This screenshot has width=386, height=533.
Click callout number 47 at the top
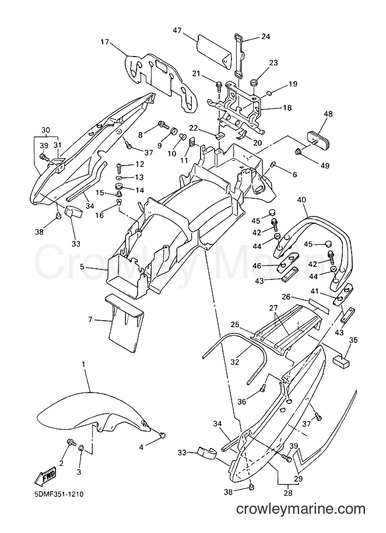(177, 31)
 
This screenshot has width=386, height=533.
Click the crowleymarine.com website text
(301, 509)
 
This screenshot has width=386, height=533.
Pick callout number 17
(104, 42)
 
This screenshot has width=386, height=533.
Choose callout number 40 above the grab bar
(301, 200)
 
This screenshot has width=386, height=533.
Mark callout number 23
(273, 62)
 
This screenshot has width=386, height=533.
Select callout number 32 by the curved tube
(234, 362)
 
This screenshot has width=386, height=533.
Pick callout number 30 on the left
(45, 130)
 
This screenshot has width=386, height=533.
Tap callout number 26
(286, 297)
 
